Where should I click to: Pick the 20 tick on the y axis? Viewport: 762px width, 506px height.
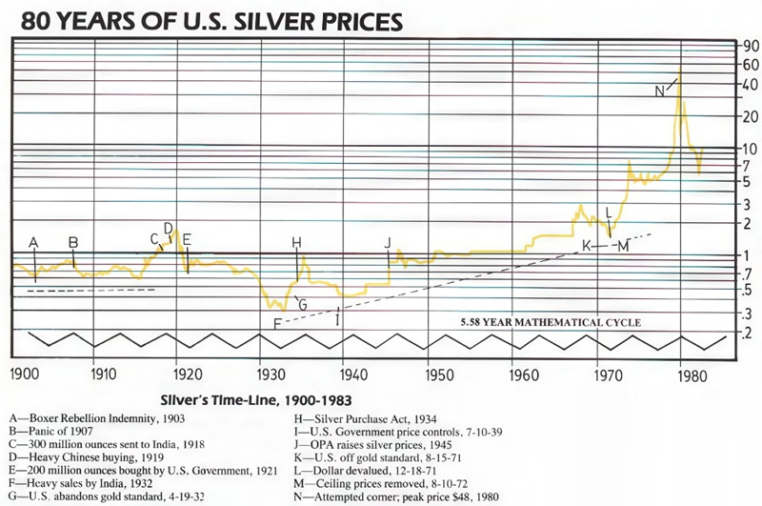pyautogui.click(x=747, y=116)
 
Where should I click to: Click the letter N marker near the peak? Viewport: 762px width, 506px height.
pyautogui.click(x=661, y=91)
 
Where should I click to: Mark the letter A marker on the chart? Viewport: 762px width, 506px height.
pyautogui.click(x=33, y=243)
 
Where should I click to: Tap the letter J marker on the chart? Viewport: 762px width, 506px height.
pyautogui.click(x=387, y=243)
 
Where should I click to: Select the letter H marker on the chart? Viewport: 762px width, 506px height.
pyautogui.click(x=296, y=242)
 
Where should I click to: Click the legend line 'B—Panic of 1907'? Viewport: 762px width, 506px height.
pyautogui.click(x=60, y=431)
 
